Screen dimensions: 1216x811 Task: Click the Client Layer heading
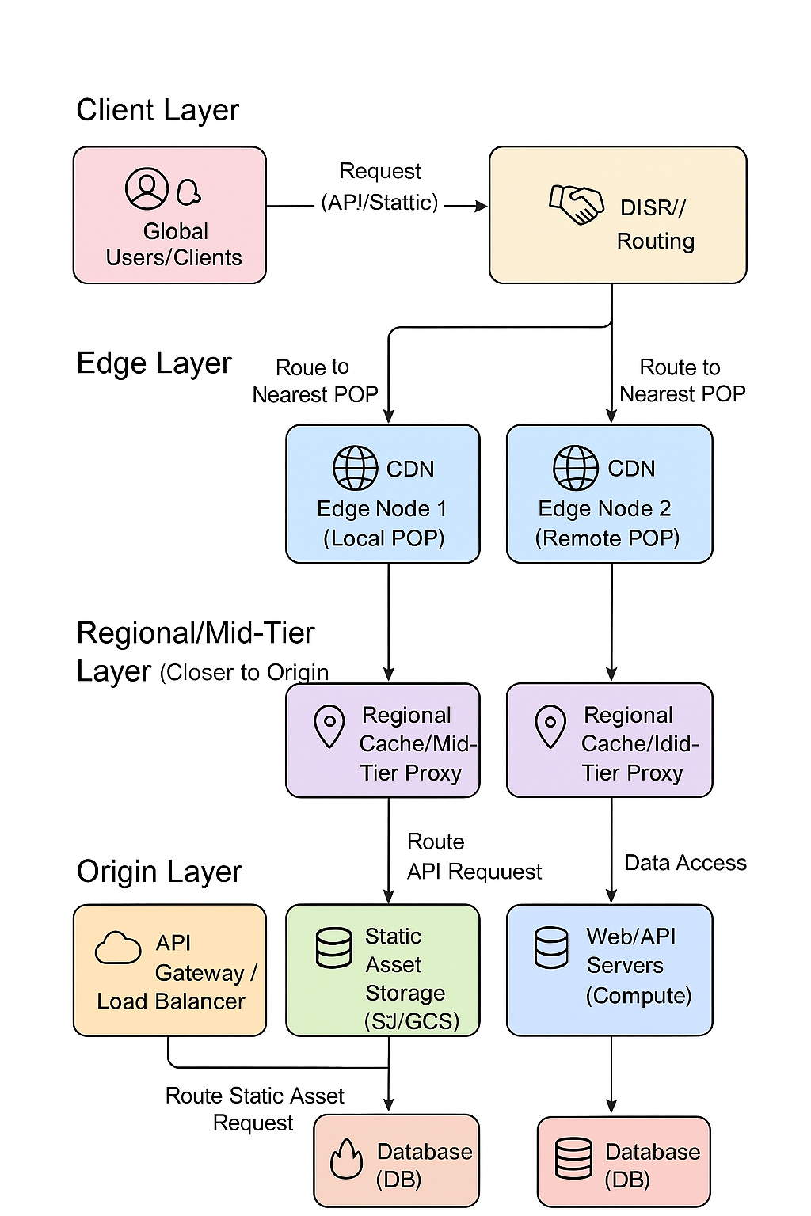click(x=158, y=110)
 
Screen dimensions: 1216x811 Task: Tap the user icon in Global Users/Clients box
click(x=147, y=188)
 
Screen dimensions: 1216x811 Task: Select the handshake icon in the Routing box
click(x=576, y=204)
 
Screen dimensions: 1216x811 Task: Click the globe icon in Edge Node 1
click(x=355, y=468)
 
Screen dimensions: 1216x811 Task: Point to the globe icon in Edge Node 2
click(x=576, y=468)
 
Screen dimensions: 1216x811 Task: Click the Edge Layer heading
click(x=154, y=363)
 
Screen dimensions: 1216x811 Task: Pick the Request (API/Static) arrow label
click(x=380, y=187)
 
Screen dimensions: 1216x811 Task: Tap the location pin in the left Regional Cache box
click(x=329, y=726)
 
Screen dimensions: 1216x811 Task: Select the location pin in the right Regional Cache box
click(x=550, y=726)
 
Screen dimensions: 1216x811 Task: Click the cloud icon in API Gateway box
click(x=118, y=948)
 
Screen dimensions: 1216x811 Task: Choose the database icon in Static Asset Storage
click(x=334, y=948)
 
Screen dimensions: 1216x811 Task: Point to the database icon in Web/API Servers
click(x=551, y=948)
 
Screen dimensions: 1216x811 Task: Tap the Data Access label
click(x=685, y=863)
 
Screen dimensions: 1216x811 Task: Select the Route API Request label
click(x=474, y=857)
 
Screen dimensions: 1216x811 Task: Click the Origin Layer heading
click(x=159, y=872)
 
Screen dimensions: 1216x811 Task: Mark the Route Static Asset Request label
click(x=254, y=1109)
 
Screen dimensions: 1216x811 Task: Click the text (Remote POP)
click(x=607, y=538)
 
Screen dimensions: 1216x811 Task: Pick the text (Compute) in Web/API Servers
click(x=638, y=995)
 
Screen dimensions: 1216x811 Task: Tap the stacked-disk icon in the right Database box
click(x=573, y=1159)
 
